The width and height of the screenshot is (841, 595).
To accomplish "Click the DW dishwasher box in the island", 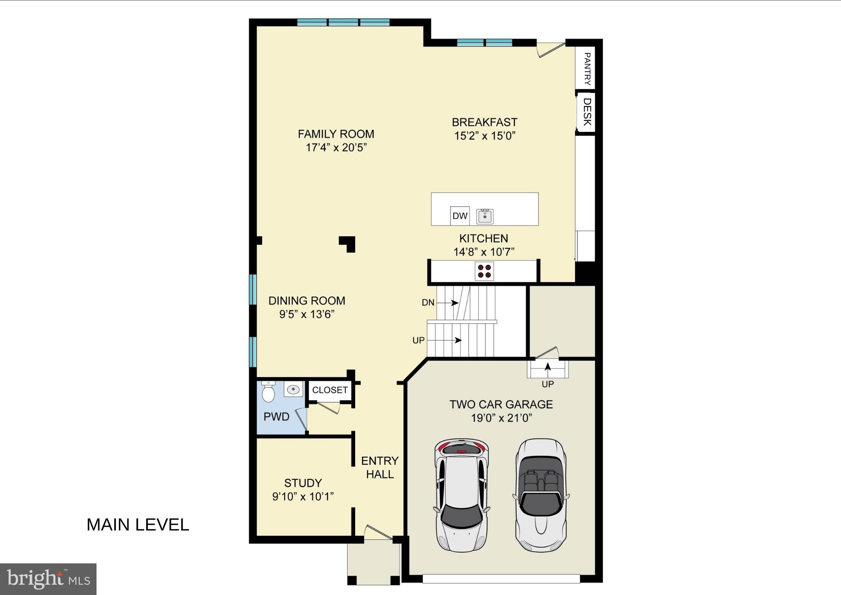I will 460,216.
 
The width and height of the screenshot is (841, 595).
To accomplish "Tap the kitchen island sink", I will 485,216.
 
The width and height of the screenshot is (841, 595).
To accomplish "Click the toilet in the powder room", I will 268,392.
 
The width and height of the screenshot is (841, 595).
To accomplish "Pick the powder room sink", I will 293,389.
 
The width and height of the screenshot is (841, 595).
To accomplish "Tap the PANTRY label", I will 587,69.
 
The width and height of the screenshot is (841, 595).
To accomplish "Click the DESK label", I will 587,112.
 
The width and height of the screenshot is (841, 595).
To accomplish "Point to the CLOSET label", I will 330,390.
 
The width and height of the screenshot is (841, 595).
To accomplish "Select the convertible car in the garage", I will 540,495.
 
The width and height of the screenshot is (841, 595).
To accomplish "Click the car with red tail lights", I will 462,495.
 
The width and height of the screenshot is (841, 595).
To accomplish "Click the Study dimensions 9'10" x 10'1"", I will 303,497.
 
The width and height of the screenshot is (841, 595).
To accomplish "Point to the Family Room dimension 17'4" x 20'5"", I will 336,148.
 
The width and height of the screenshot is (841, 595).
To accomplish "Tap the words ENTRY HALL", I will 380,467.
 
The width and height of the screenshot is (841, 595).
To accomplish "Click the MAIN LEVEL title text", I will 138,525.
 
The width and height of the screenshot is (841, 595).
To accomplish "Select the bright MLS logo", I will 48,579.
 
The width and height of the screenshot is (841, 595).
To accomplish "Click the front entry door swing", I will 377,533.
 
